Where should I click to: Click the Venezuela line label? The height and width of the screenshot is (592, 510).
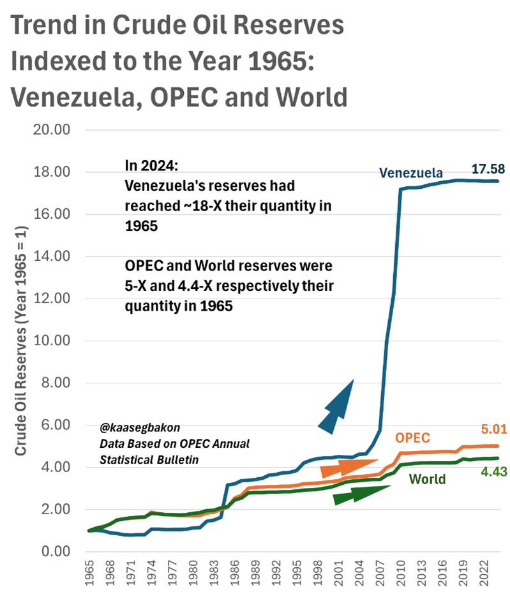point(410,173)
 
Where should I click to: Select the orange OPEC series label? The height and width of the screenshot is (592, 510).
point(412,438)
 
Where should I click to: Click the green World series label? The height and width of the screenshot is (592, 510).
point(427,478)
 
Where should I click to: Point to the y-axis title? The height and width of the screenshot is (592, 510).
point(20,341)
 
